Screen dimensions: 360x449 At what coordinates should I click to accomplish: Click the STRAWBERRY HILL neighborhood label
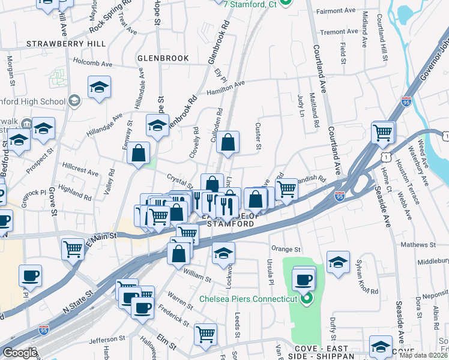pyautogui.click(x=66, y=44)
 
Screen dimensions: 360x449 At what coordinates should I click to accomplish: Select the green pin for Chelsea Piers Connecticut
pyautogui.click(x=307, y=298)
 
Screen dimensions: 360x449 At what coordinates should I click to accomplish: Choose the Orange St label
pyautogui.click(x=285, y=249)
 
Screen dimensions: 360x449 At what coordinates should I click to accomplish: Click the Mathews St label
pyautogui.click(x=417, y=245)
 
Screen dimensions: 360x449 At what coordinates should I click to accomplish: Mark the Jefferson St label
pyautogui.click(x=107, y=340)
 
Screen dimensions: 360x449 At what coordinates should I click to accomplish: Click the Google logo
pyautogui.click(x=19, y=352)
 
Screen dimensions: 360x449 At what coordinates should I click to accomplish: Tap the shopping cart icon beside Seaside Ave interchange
pyautogui.click(x=382, y=132)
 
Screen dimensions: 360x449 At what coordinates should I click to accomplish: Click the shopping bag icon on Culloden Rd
pyautogui.click(x=228, y=142)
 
